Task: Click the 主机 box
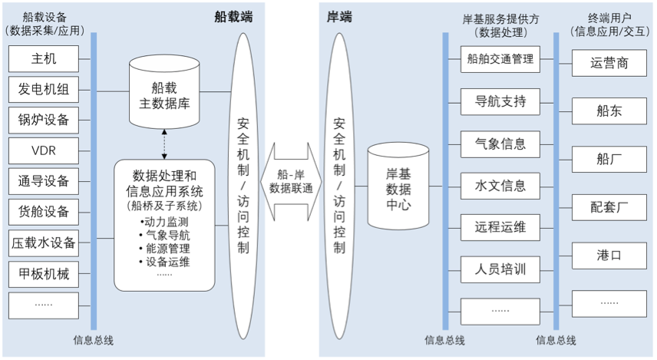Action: click(44, 59)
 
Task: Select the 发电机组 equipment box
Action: click(44, 90)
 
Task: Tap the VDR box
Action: click(44, 150)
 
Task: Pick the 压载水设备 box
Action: click(44, 243)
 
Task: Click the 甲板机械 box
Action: click(44, 273)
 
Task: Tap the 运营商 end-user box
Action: click(609, 63)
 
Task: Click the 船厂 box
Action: click(609, 159)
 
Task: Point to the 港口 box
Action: click(609, 255)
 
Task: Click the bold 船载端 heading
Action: click(233, 16)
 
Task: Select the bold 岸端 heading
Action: click(338, 16)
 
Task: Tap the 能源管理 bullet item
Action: click(164, 248)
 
